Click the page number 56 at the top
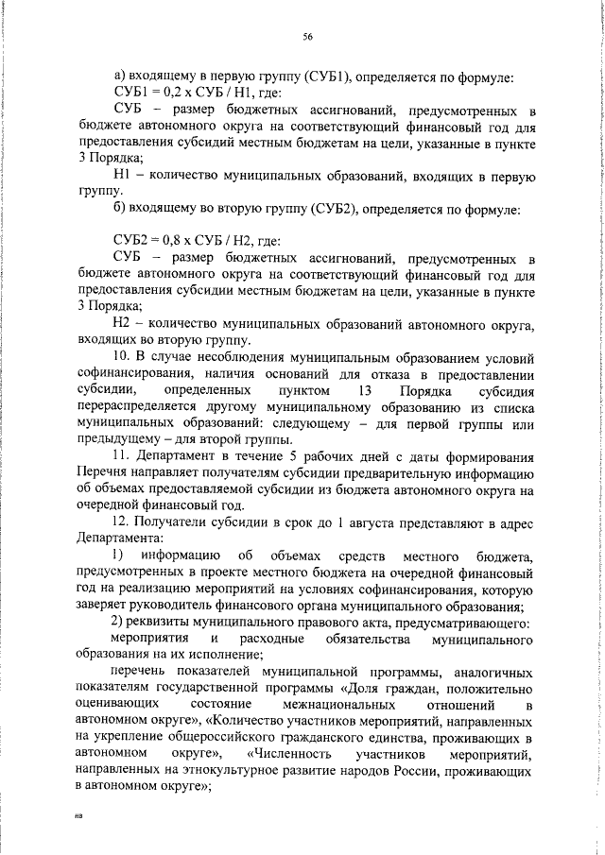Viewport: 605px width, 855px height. [307, 36]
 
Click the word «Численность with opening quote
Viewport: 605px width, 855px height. [286, 754]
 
